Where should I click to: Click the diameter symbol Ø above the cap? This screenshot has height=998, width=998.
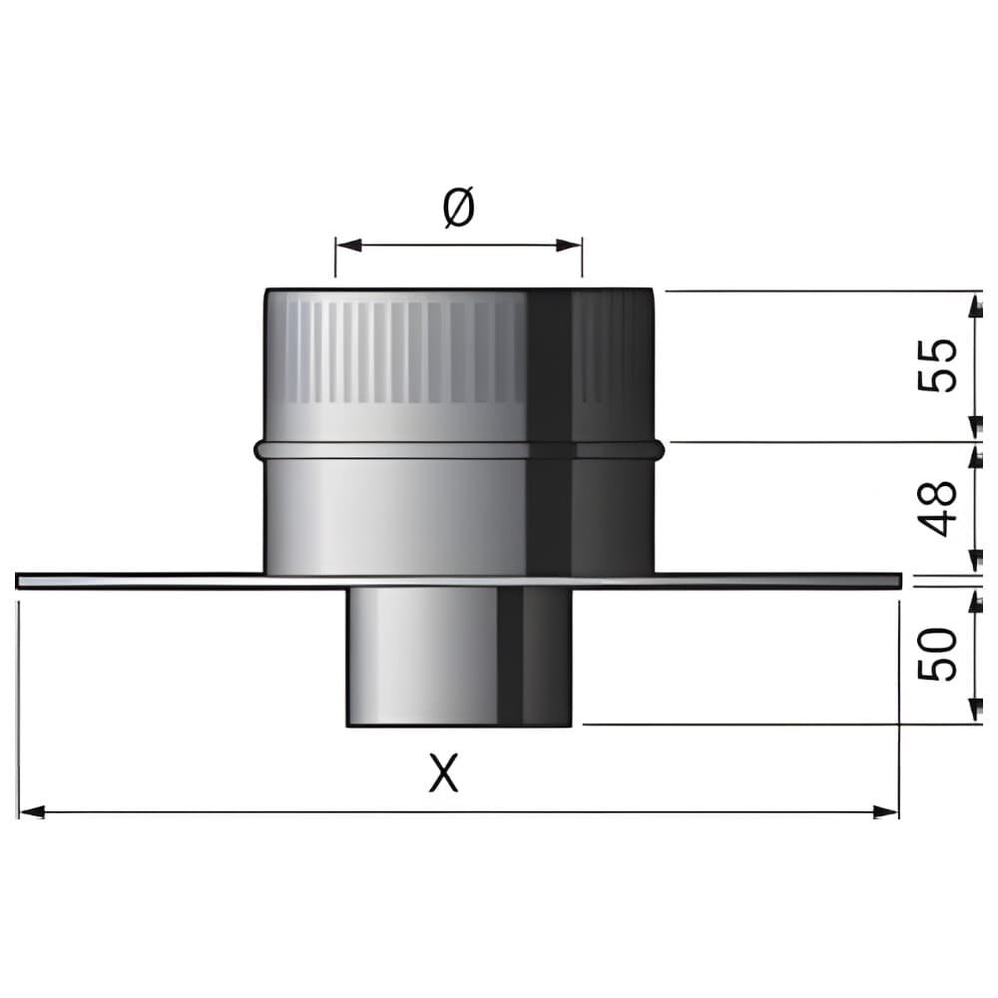click(x=459, y=207)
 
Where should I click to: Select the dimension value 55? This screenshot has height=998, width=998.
click(x=937, y=365)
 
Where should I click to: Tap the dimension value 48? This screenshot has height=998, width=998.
click(x=937, y=508)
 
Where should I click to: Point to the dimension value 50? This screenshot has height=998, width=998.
click(x=937, y=654)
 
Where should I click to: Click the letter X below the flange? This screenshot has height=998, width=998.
click(x=444, y=772)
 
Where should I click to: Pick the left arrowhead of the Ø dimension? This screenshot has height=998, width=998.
click(x=348, y=246)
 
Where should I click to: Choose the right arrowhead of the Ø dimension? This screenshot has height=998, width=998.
click(x=569, y=246)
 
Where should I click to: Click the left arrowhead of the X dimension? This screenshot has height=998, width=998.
click(x=33, y=811)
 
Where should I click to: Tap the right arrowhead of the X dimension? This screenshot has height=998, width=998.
click(x=885, y=811)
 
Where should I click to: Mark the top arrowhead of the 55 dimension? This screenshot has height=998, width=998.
click(x=975, y=305)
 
